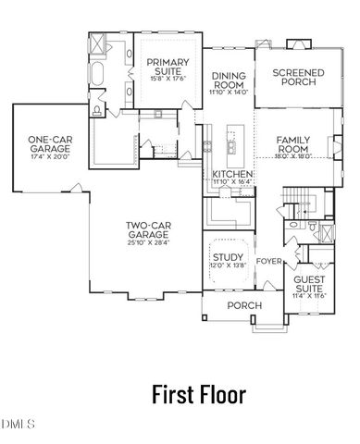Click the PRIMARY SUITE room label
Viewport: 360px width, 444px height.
click(x=168, y=68)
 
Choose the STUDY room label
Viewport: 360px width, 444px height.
click(x=228, y=258)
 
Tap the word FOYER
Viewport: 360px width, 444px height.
click(x=268, y=261)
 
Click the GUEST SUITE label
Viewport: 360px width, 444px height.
click(x=308, y=283)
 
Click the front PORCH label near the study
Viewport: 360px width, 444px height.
click(x=244, y=305)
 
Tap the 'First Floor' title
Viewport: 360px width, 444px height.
click(x=199, y=395)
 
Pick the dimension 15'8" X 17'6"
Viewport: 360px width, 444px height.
click(x=168, y=78)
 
